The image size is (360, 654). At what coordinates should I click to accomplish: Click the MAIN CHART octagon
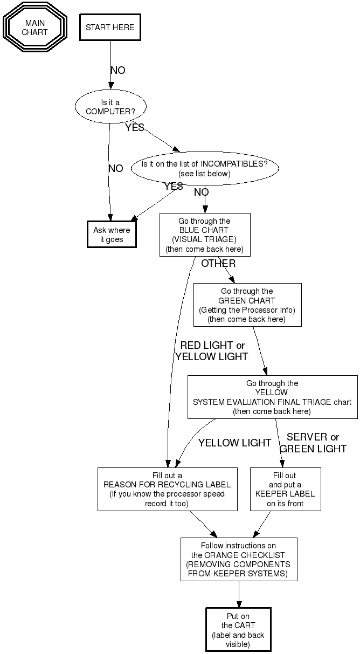35,27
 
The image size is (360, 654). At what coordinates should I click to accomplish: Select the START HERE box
110,27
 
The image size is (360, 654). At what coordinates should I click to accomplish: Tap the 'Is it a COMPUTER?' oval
110,106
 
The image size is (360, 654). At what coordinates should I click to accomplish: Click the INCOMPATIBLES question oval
205,169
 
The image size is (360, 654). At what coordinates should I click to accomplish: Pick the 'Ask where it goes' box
112,235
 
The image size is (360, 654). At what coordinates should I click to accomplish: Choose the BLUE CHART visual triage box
205,235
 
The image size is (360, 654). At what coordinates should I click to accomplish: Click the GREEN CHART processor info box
247,305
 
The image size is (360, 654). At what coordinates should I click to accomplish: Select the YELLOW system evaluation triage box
272,397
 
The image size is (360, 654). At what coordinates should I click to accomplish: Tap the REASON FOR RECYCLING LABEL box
167,489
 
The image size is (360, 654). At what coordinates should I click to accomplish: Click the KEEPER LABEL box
285,489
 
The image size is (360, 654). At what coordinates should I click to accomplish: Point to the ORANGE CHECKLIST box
239,559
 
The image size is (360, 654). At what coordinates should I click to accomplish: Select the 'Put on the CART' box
238,630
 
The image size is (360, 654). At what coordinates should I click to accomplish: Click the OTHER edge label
218,264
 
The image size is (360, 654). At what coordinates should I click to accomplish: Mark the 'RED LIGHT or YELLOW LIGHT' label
212,351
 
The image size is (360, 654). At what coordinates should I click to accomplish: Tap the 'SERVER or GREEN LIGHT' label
313,443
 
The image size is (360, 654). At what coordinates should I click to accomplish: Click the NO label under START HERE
117,71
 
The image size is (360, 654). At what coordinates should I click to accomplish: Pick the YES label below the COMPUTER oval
135,128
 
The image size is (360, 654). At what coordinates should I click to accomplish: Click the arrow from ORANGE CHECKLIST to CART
239,594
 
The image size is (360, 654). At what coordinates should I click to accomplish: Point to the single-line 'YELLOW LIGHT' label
234,443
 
